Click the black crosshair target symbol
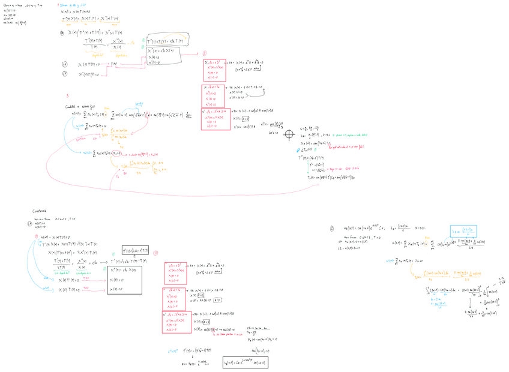pyautogui.click(x=290, y=134)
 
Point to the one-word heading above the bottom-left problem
pyautogui.click(x=40, y=211)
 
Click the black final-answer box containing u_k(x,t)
pyautogui.click(x=244, y=362)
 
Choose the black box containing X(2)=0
pyautogui.click(x=124, y=280)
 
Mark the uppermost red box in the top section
pyautogui.click(x=214, y=70)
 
